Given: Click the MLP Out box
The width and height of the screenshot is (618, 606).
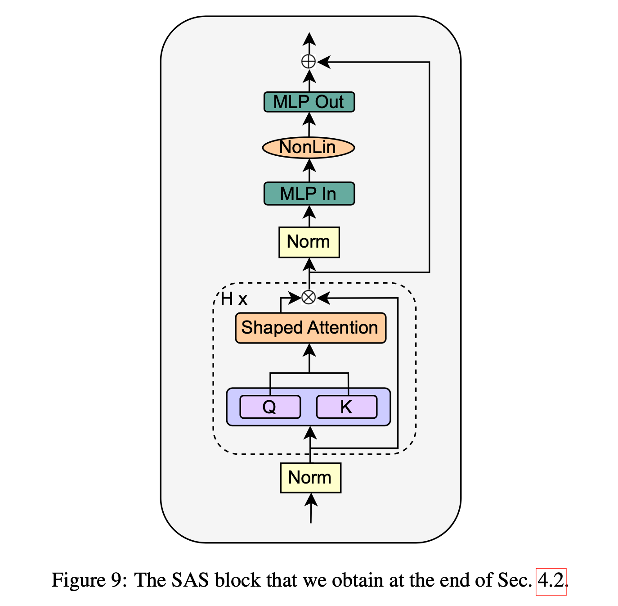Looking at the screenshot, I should click(x=309, y=102).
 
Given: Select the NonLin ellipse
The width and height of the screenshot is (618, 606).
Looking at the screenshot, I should click(x=308, y=148).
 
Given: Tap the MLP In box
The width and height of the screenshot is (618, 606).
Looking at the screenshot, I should click(x=309, y=194).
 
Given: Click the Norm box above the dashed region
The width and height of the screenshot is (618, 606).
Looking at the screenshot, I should click(x=309, y=242).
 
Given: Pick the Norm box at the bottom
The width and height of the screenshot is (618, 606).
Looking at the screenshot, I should click(x=310, y=478).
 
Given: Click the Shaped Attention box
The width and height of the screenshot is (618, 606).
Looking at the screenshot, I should click(x=310, y=328).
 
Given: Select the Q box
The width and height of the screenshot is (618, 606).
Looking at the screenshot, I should click(x=270, y=407).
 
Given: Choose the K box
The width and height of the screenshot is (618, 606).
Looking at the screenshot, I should click(x=346, y=407).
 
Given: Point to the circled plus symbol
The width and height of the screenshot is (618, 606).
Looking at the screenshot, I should click(x=309, y=61).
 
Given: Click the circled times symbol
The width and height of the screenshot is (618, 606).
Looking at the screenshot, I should click(x=309, y=298).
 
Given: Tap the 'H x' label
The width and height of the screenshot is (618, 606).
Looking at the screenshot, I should click(x=234, y=299).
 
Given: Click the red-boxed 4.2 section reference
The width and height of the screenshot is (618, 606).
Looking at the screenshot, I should click(x=551, y=581).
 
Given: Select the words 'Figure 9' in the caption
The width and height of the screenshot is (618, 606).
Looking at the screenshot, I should click(x=85, y=581).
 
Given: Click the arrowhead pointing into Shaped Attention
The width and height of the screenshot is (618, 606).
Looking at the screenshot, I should click(x=309, y=350).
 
